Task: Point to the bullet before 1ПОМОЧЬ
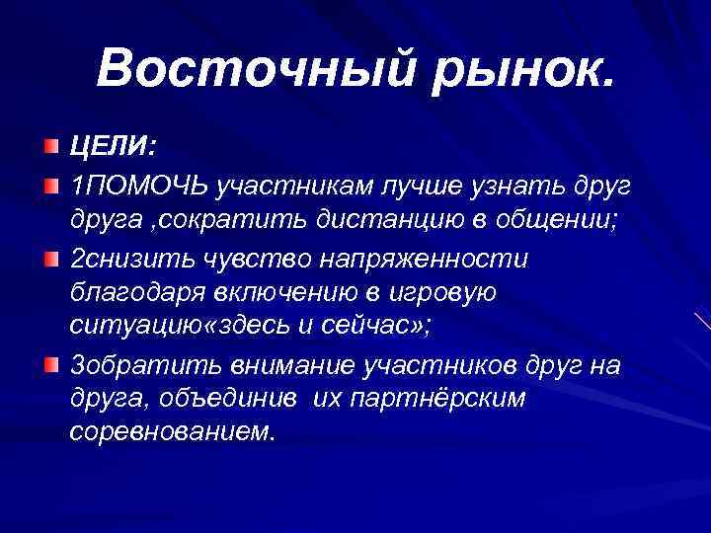tap(50, 185)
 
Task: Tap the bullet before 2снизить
tap(50, 259)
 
